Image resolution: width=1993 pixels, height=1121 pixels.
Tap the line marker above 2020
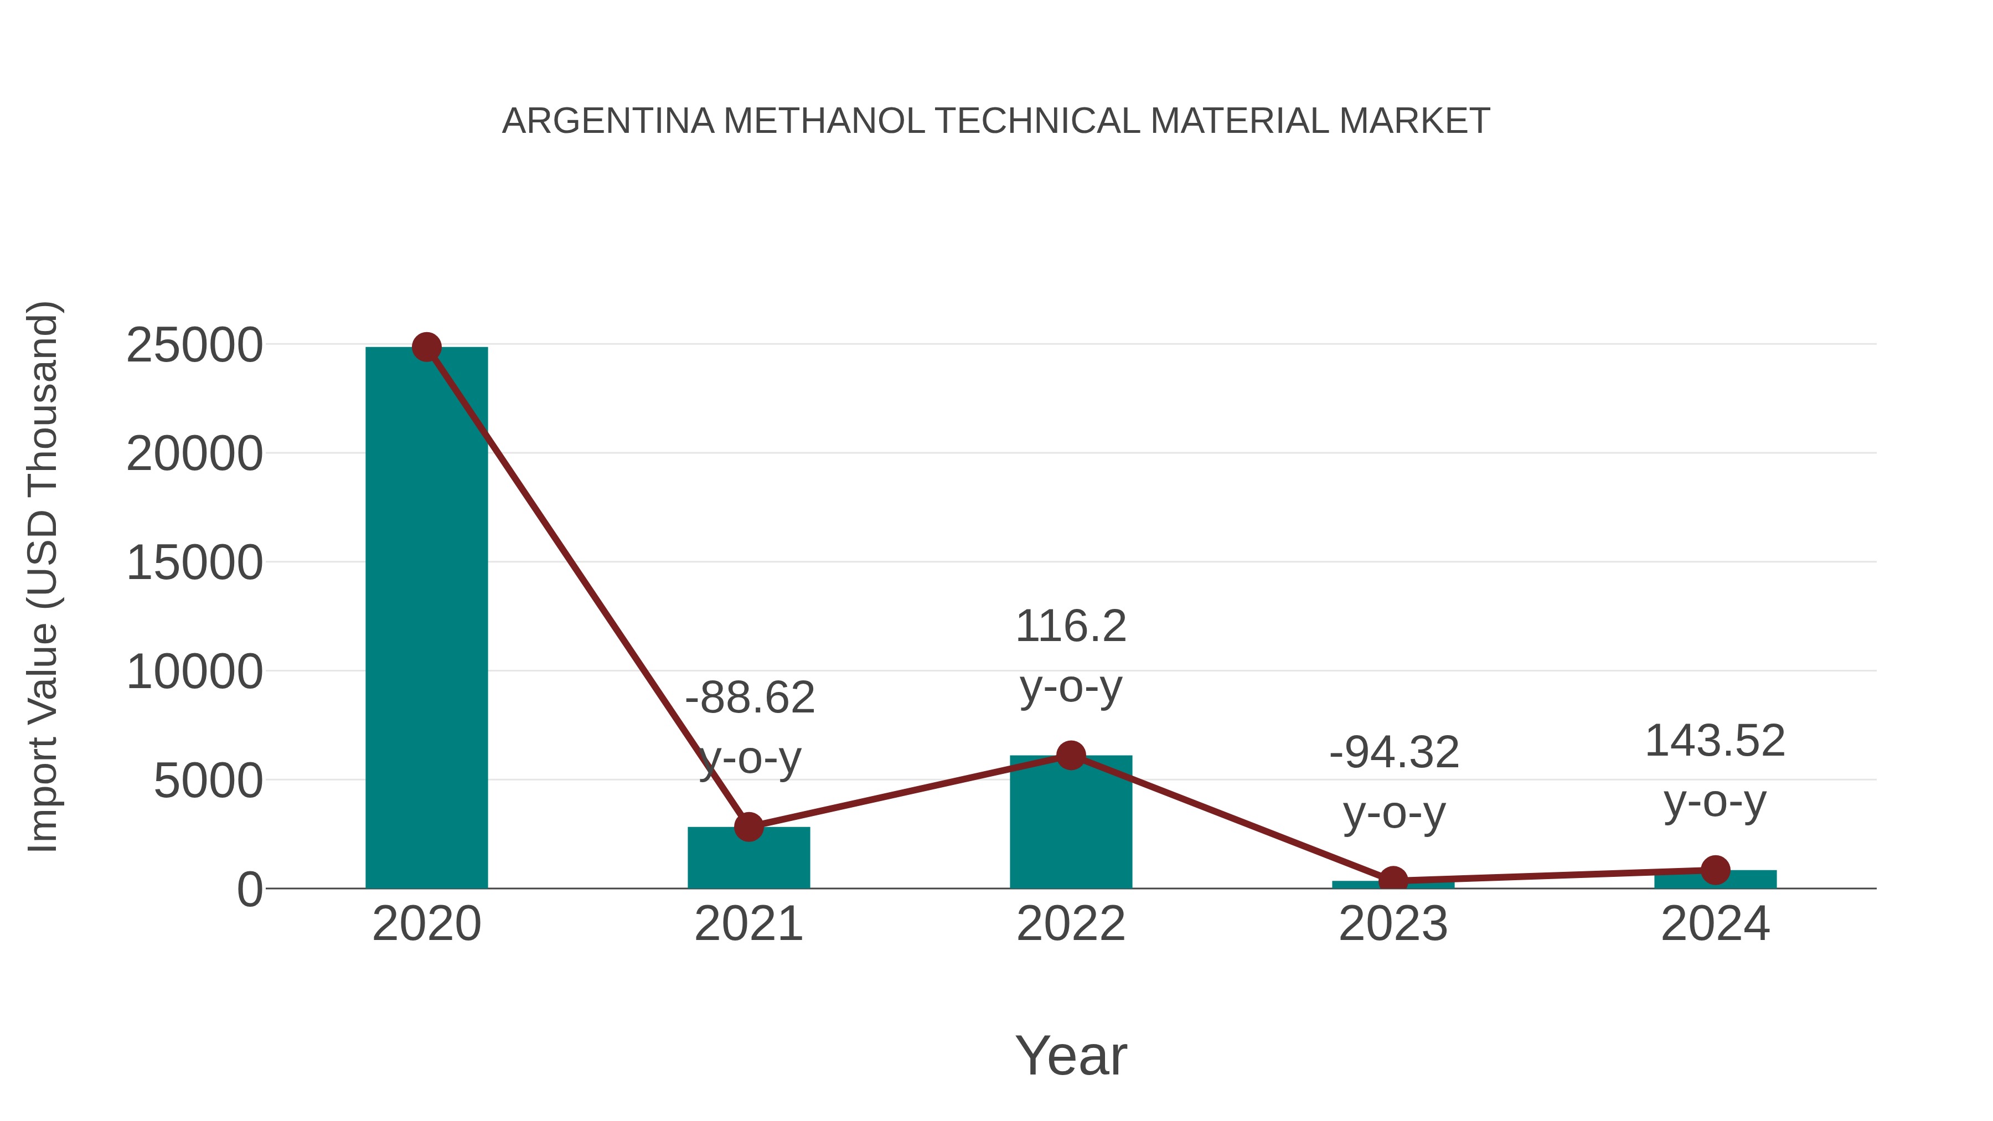click(426, 347)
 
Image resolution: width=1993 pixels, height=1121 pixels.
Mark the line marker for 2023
click(1393, 880)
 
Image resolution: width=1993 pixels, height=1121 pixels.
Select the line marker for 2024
click(1715, 870)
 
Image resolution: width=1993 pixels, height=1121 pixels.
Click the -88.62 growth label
click(750, 698)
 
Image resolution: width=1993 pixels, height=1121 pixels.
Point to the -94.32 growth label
click(1393, 753)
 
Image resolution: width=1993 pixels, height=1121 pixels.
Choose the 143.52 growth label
click(1715, 741)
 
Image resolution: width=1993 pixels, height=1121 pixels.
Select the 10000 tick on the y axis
click(194, 671)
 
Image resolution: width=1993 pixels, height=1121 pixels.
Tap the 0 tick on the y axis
click(250, 890)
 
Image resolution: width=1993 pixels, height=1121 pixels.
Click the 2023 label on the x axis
click(1393, 924)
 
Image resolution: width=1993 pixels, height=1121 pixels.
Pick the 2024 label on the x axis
click(1715, 924)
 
